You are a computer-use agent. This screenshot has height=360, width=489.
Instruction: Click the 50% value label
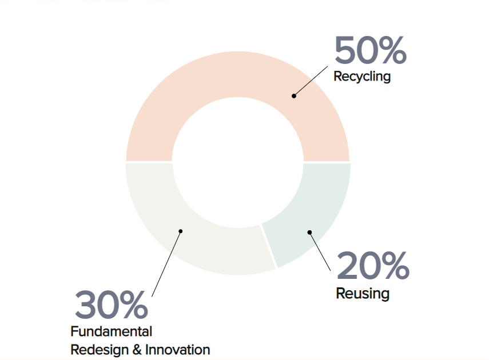(x=371, y=50)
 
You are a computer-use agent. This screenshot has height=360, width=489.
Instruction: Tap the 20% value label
(x=373, y=265)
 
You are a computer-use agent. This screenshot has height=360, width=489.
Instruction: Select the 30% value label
(x=111, y=304)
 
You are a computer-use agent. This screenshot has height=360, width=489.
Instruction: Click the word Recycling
(x=362, y=77)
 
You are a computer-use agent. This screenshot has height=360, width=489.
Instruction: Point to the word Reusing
(x=363, y=294)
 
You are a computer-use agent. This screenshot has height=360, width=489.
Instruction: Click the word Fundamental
(x=112, y=331)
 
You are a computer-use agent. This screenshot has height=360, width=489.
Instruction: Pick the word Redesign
(x=100, y=350)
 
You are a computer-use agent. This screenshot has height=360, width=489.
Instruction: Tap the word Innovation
(x=177, y=350)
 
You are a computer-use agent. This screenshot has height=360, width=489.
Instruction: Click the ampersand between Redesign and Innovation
(x=137, y=350)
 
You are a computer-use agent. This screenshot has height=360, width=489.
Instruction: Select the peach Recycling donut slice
(x=238, y=74)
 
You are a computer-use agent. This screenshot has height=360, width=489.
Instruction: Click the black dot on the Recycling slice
(x=294, y=96)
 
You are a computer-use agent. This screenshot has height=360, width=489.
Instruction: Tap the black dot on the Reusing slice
(x=309, y=232)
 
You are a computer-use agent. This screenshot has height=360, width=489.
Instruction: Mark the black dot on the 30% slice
(x=181, y=231)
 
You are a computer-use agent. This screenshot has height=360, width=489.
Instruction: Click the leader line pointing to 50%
(x=311, y=81)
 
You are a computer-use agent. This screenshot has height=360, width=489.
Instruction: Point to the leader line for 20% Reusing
(x=320, y=251)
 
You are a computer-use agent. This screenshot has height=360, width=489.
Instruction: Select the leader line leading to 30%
(x=166, y=264)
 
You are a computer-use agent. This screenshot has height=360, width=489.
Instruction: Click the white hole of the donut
(x=238, y=162)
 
